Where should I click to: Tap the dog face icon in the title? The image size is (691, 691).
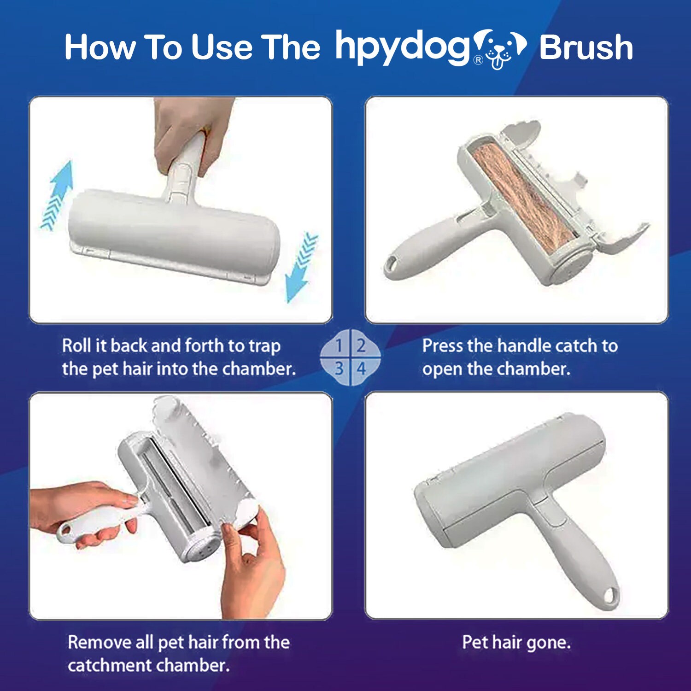(500, 48)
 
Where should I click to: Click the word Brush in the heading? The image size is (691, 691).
(586, 47)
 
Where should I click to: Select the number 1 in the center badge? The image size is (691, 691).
(339, 345)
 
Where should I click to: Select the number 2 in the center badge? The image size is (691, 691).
(361, 345)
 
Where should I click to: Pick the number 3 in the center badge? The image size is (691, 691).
(339, 369)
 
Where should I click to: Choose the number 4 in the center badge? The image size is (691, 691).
(361, 369)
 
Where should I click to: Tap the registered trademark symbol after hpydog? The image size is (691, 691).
(479, 60)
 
